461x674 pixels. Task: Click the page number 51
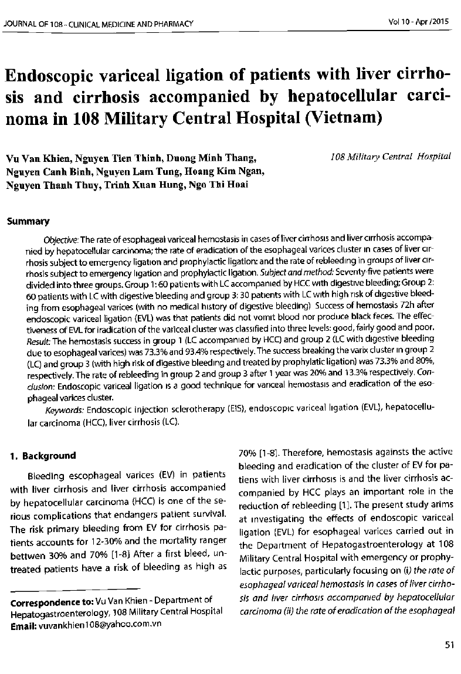tap(450, 645)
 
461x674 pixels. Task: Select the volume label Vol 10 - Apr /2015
tap(418, 22)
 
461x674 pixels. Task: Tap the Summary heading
tap(28, 222)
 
